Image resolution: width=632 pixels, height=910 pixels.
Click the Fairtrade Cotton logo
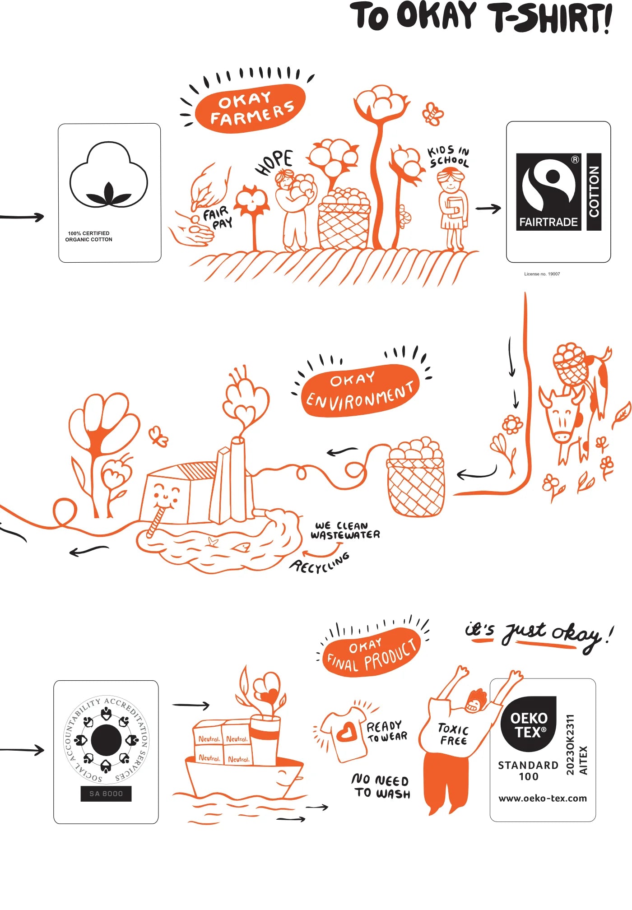(559, 192)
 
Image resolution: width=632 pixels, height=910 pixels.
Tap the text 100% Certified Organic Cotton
(88, 237)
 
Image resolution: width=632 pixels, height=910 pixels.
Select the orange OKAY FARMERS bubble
(251, 108)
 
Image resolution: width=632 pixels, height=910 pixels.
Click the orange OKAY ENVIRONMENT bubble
(360, 390)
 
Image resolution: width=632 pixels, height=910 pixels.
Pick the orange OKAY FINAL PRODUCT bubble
(371, 652)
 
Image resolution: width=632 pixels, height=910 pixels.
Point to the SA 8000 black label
(106, 794)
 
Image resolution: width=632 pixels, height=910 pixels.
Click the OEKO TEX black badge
(528, 724)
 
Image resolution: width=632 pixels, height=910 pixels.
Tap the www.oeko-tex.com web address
(543, 799)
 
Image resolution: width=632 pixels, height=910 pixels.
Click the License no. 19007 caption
(542, 274)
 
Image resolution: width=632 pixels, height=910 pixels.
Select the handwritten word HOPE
(274, 162)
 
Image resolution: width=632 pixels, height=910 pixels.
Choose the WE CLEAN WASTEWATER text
(345, 531)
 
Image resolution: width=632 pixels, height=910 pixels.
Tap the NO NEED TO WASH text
(381, 787)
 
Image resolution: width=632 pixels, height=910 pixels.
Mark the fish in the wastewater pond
(241, 547)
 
